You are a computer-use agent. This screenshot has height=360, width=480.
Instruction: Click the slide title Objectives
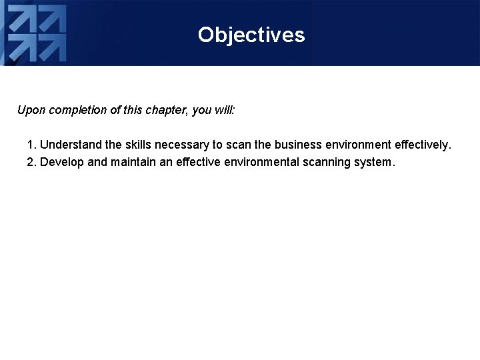pyautogui.click(x=251, y=35)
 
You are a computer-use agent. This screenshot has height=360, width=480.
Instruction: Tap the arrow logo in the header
pyautogui.click(x=37, y=33)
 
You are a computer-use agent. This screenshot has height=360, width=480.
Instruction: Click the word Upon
pyautogui.click(x=30, y=110)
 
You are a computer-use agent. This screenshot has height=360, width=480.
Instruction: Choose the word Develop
pyautogui.click(x=62, y=162)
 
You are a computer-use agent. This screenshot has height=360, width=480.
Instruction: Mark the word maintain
pyautogui.click(x=133, y=162)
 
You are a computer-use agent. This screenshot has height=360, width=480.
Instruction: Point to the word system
pyautogui.click(x=378, y=162)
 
